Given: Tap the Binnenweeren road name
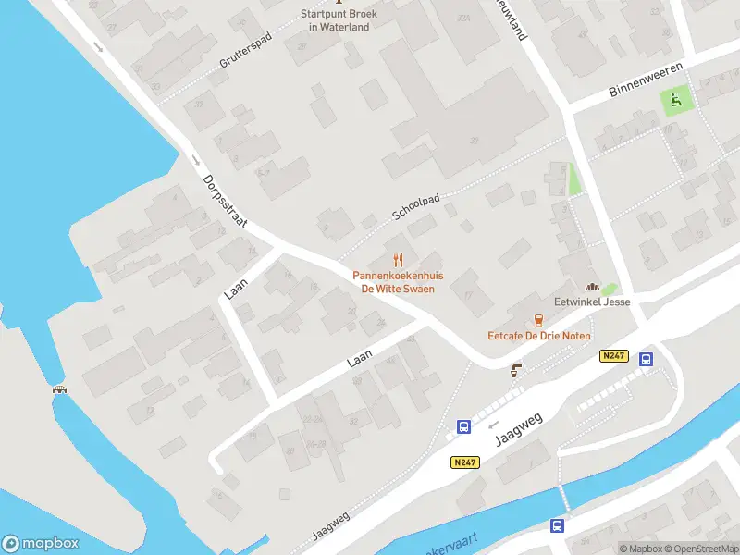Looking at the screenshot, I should [x=646, y=80].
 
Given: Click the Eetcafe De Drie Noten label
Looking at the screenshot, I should [x=539, y=336].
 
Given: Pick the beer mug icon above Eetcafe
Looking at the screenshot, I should [x=538, y=319].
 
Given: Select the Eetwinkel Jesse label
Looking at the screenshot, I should [x=593, y=302].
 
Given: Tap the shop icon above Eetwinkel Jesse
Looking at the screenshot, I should [x=593, y=286].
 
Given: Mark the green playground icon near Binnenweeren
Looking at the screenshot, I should [x=676, y=100].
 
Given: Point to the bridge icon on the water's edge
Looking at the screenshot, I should [x=60, y=388].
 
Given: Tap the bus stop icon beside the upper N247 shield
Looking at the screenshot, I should [x=647, y=360].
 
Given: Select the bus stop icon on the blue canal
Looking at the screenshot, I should [x=557, y=525].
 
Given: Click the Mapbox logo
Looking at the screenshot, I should [x=41, y=544].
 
